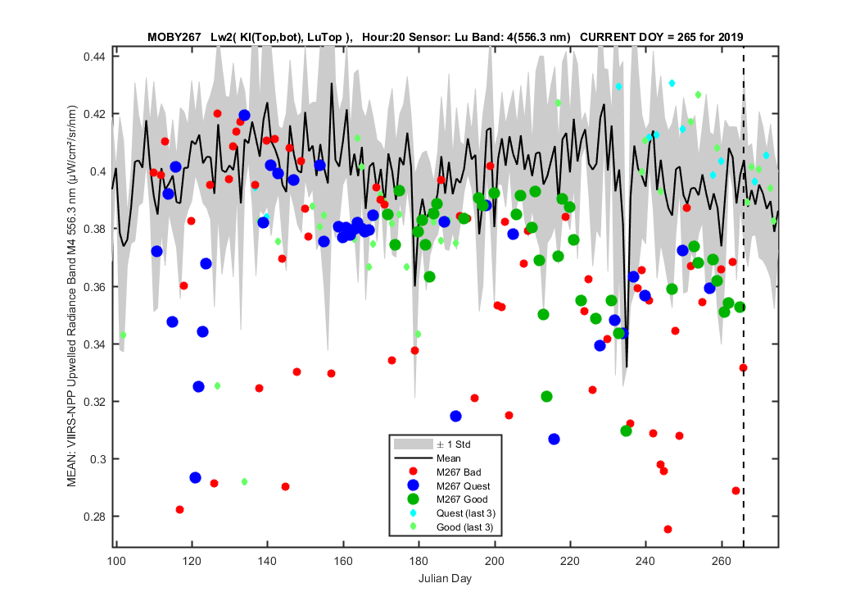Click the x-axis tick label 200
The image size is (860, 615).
tap(495, 561)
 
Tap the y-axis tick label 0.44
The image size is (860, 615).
tap(94, 57)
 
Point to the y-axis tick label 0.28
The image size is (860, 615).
tap(94, 517)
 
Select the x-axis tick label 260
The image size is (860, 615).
tap(722, 561)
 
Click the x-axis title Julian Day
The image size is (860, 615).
tap(445, 578)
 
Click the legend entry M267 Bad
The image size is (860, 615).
tap(459, 472)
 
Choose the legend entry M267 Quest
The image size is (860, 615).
tap(463, 486)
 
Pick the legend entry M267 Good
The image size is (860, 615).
tap(462, 499)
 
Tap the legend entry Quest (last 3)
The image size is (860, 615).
tap(466, 513)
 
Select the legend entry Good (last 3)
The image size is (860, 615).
tap(464, 527)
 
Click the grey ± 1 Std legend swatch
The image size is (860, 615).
tap(413, 444)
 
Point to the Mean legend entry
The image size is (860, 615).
tap(448, 458)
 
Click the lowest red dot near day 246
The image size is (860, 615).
tap(668, 530)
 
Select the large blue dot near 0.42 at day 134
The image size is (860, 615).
tap(244, 116)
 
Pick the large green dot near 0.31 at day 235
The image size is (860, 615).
tap(626, 431)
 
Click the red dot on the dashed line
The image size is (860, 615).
tap(743, 368)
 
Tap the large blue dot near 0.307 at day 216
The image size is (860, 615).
tap(554, 440)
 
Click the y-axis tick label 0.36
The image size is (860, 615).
tap(94, 287)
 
